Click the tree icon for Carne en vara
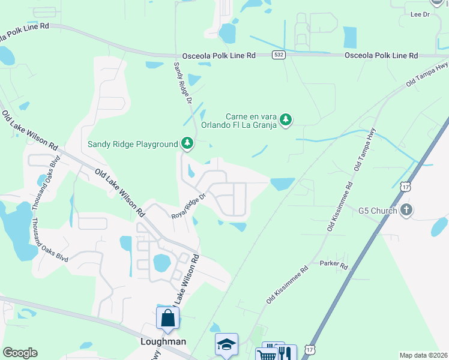click(287, 120)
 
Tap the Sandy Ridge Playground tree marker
click(188, 143)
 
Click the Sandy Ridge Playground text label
click(133, 144)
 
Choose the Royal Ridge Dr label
click(189, 205)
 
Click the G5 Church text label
click(378, 211)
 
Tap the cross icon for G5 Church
click(406, 210)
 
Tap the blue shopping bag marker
click(168, 317)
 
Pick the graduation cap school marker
click(226, 344)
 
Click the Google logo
click(20, 353)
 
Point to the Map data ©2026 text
click(423, 355)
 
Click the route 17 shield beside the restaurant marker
click(309, 349)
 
